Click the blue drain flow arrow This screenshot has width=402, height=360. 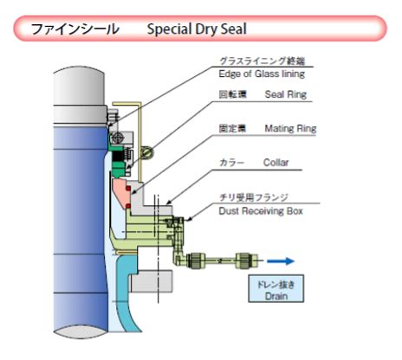coord(281,261)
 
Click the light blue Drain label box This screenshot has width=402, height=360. coord(276,288)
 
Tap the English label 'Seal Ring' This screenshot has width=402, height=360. coord(286,94)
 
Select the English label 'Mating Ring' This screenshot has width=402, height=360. coord(290,128)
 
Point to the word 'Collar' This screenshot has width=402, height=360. coord(276,163)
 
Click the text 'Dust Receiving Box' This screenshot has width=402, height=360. coord(261,211)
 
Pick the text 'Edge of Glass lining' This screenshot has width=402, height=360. coord(262,74)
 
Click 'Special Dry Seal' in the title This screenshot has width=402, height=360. coord(197,29)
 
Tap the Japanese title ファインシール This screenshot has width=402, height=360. coord(75,29)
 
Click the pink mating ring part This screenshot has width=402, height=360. coord(121,191)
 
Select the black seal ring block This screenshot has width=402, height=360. coord(117,157)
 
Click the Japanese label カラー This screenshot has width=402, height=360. coord(231,163)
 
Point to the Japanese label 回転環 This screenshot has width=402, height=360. coord(232,94)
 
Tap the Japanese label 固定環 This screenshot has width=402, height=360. coord(232,128)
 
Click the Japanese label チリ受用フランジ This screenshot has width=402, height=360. coord(254,197)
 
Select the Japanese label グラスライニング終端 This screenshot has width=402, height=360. coord(263,61)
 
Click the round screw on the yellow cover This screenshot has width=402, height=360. coord(147,152)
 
